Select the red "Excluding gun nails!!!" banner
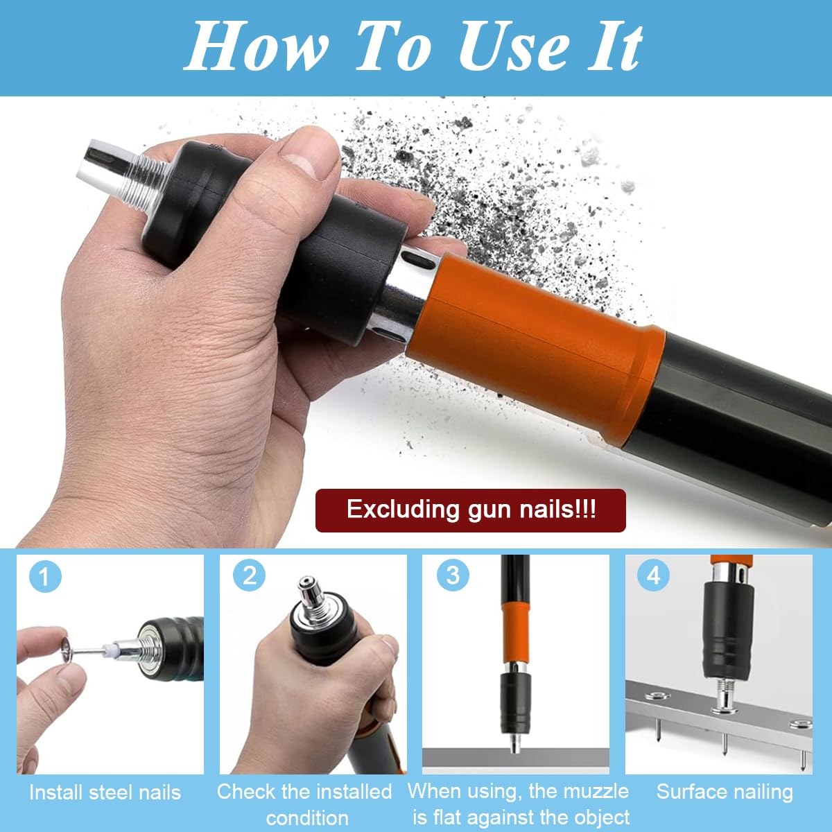(470, 510)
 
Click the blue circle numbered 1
(44, 576)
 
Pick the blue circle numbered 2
(249, 575)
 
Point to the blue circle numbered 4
(653, 575)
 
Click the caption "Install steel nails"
(105, 792)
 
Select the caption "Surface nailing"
(725, 792)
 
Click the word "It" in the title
(614, 47)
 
